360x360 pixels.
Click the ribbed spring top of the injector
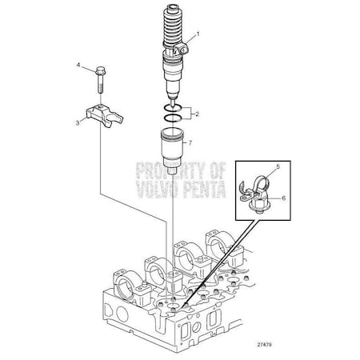point(177,28)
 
